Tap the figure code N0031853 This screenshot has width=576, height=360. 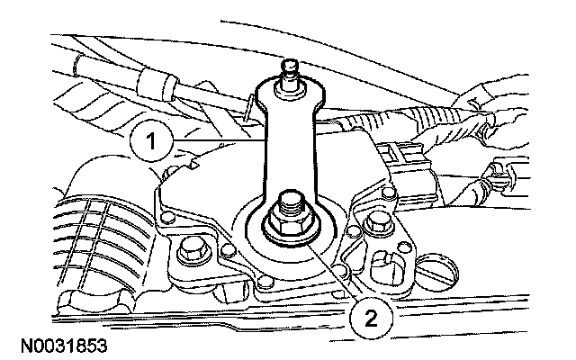[x=60, y=345]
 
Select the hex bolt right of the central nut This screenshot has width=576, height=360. [x=377, y=223]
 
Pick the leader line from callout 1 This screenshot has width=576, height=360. [x=216, y=141]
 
